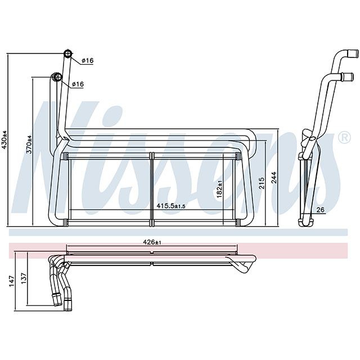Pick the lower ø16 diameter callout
[78, 84]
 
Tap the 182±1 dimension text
[220, 188]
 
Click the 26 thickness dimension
[320, 211]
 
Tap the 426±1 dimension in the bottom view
[152, 242]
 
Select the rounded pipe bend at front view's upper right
[251, 138]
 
